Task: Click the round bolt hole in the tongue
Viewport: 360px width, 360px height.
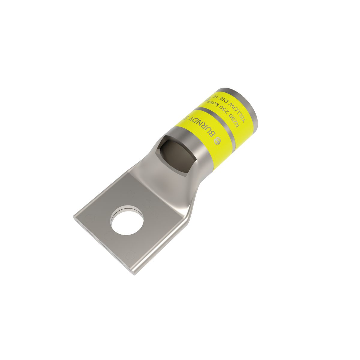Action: [x=127, y=220]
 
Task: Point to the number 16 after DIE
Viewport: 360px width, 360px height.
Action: [x=216, y=94]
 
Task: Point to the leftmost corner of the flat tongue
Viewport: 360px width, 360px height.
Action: [x=74, y=216]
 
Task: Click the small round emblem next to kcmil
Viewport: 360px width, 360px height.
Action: [x=207, y=98]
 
